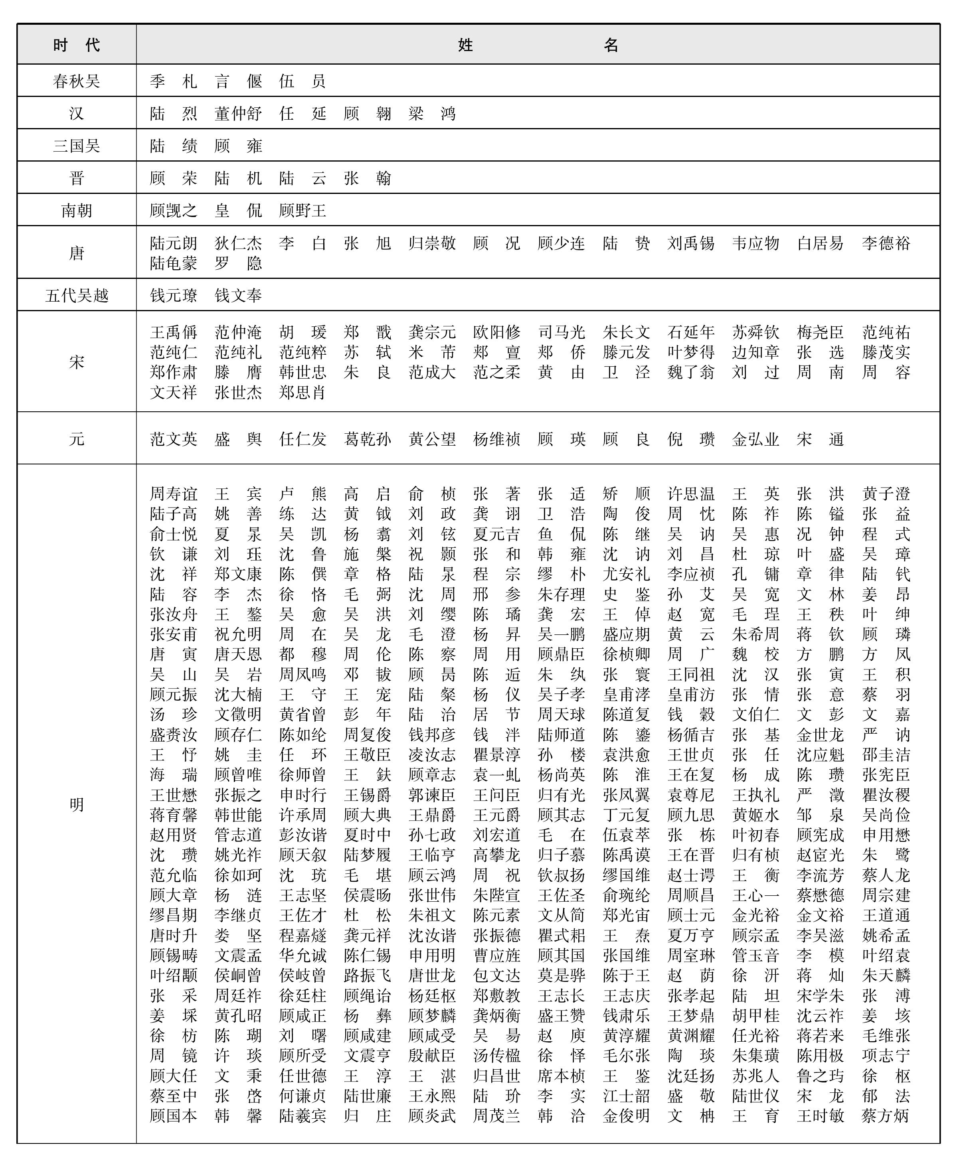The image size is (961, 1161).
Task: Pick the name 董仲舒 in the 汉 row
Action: click(238, 114)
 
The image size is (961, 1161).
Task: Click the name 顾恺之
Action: click(173, 210)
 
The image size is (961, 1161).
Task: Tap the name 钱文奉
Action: click(238, 295)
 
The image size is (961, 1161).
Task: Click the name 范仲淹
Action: click(238, 332)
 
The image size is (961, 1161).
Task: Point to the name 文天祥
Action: click(173, 393)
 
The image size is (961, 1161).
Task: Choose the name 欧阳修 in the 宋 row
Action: click(496, 332)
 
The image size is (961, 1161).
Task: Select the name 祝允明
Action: click(238, 634)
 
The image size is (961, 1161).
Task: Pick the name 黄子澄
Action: click(885, 494)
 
